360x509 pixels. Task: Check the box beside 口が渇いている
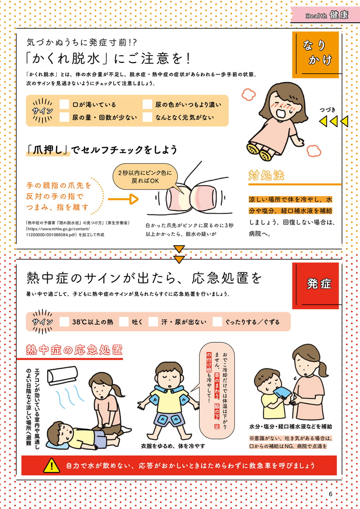64,104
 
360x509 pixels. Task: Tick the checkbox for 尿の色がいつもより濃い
147,104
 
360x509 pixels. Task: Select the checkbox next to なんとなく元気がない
147,117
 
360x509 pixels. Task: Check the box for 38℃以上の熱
64,322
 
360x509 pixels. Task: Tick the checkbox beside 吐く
124,322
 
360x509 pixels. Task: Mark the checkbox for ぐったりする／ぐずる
217,322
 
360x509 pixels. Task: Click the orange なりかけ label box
315,55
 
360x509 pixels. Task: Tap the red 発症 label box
315,286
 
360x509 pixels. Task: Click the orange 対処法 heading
266,175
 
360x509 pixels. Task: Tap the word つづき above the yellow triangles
327,110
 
